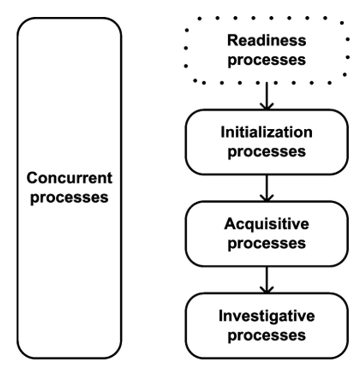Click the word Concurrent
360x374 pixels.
click(69, 178)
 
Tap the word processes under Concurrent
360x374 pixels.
click(69, 198)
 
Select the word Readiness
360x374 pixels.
click(267, 40)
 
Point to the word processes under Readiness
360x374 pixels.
click(267, 60)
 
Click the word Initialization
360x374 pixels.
click(267, 132)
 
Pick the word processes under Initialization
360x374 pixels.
click(267, 151)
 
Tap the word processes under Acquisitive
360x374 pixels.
click(267, 243)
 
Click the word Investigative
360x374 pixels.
click(267, 315)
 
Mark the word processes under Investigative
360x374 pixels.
click(267, 335)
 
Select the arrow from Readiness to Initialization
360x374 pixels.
click(267, 96)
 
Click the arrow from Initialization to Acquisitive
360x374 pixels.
click(267, 187)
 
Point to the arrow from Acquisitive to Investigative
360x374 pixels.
click(267, 279)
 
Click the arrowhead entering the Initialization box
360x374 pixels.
click(267, 106)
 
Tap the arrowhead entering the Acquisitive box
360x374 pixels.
click(267, 197)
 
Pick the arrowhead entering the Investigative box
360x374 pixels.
click(267, 289)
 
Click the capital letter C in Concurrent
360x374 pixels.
click(32, 178)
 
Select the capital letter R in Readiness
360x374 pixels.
click(232, 40)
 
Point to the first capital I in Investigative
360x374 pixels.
click(221, 315)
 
